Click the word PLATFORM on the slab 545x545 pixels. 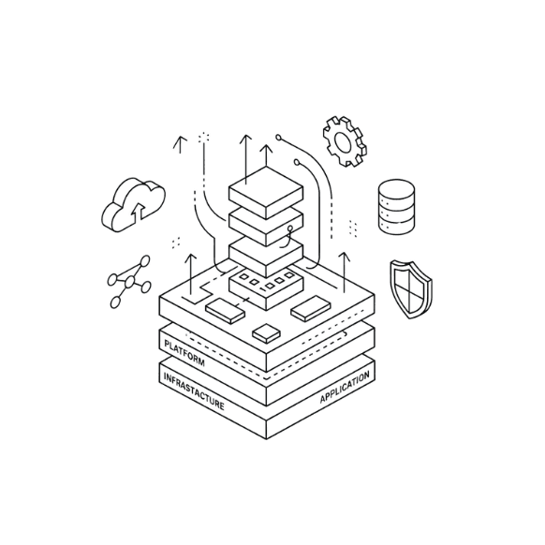[184, 353]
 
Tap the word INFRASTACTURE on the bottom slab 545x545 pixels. [194, 391]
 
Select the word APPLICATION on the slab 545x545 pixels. [345, 387]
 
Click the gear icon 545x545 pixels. [345, 141]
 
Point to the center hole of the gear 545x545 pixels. [342, 142]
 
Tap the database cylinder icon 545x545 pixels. [396, 207]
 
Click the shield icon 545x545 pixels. [411, 289]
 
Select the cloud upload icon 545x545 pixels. [133, 205]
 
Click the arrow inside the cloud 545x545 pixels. [139, 212]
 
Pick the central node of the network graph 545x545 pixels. [129, 282]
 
